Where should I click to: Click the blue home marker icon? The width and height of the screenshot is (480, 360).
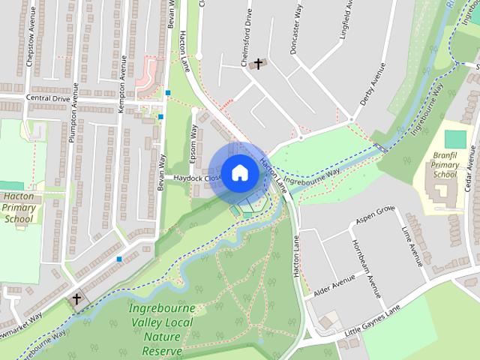(x=239, y=172)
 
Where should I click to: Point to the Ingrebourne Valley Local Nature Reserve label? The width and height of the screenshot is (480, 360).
(x=161, y=330)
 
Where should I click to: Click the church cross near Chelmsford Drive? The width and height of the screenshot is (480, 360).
(x=259, y=64)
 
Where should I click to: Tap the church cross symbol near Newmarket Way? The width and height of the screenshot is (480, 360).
(x=76, y=300)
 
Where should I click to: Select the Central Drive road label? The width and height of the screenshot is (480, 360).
(x=47, y=97)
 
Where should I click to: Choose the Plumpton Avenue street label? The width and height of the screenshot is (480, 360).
(x=74, y=119)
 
